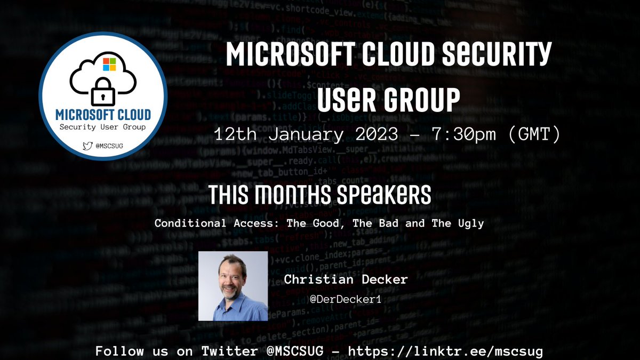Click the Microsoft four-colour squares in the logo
tap(109, 65)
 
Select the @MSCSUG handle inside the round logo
tap(106, 145)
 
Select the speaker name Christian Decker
tap(346, 279)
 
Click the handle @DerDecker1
tap(346, 300)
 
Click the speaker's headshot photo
tap(233, 286)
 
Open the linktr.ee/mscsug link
tap(446, 351)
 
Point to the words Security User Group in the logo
tap(102, 127)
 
